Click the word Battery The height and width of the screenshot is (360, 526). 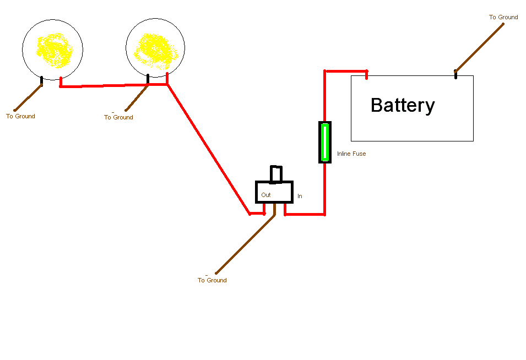click(x=403, y=105)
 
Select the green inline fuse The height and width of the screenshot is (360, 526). click(x=325, y=143)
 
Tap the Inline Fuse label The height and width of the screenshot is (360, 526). click(x=351, y=154)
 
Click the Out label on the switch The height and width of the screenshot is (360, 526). click(x=266, y=195)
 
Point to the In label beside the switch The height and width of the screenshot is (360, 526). click(x=300, y=196)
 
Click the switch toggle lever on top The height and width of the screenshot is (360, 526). click(x=275, y=174)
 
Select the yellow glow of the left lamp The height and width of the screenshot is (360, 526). click(x=54, y=51)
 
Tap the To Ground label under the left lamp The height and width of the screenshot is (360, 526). click(x=20, y=117)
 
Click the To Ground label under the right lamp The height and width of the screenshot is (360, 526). click(x=118, y=118)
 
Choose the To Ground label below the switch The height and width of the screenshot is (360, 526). click(x=212, y=281)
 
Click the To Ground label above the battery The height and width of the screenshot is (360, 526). click(x=503, y=18)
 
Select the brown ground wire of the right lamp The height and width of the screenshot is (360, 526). click(x=136, y=98)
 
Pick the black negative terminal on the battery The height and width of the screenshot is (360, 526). click(x=455, y=74)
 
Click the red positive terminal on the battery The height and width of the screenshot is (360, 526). click(x=366, y=74)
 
